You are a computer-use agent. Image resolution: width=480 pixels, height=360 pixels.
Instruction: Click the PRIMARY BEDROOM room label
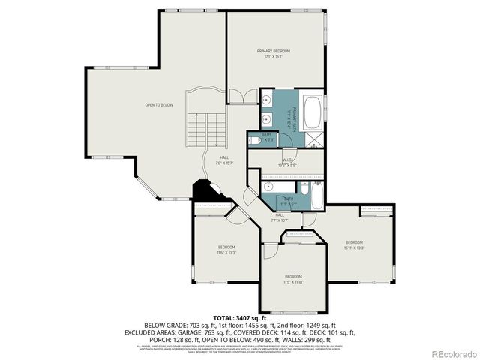tap(273, 53)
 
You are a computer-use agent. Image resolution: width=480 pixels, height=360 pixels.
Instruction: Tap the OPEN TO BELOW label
tap(159, 105)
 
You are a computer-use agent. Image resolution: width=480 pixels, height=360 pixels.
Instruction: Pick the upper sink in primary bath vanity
tap(267, 99)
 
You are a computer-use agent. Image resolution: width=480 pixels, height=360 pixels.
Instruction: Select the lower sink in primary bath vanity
tap(267, 120)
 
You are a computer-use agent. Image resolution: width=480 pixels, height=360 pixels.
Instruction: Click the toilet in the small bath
tap(254, 140)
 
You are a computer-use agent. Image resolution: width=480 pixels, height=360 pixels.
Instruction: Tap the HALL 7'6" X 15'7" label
tap(223, 160)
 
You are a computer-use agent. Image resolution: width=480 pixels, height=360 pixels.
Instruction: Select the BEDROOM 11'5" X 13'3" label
tap(226, 250)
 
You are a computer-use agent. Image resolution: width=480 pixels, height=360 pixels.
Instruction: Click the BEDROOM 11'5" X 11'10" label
tap(292, 279)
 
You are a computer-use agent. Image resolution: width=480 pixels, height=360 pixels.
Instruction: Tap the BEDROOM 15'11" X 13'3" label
tap(354, 244)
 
